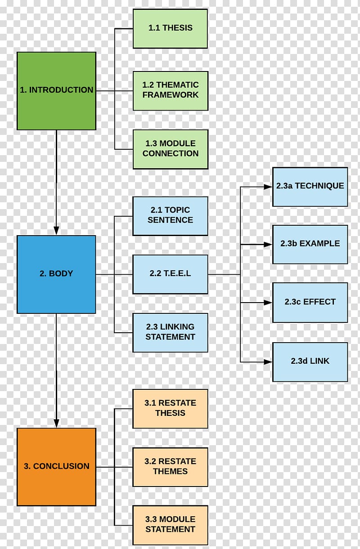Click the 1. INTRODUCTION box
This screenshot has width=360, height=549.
coord(56,91)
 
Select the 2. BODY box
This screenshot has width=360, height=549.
coord(56,274)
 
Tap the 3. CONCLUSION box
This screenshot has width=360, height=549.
coord(56,467)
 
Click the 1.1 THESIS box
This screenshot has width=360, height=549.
coord(170,29)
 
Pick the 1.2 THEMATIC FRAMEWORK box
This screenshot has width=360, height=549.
coord(171,91)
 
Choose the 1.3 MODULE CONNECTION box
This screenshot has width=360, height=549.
coord(171,149)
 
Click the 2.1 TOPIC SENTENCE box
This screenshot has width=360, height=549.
coord(170,216)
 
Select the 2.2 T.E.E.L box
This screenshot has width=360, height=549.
coord(170,274)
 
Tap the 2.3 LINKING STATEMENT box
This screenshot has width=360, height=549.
coord(170,333)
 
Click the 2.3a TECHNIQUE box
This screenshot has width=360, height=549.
coord(310,187)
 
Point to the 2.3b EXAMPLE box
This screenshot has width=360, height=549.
coord(310,245)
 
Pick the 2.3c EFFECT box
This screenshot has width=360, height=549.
coord(310,303)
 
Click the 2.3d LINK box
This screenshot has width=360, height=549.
coord(310,362)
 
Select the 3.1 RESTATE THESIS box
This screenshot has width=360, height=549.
coord(170,409)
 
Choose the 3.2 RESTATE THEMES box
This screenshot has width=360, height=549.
coord(170,467)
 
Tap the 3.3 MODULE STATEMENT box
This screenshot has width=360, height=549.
coord(170,525)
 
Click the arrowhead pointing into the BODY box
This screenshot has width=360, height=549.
coord(56,231)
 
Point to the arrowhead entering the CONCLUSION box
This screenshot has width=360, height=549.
coord(56,423)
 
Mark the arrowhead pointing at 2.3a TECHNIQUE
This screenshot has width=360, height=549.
coord(268,187)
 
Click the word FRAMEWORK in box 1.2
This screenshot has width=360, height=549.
coord(171,95)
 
